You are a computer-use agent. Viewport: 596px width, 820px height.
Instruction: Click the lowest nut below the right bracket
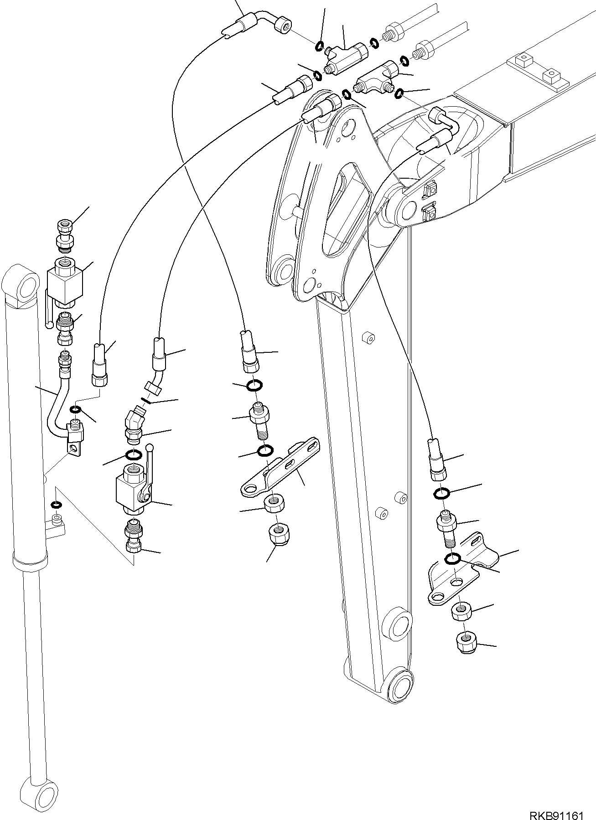(x=466, y=643)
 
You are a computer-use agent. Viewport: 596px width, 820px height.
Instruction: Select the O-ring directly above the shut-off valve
(x=133, y=456)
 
